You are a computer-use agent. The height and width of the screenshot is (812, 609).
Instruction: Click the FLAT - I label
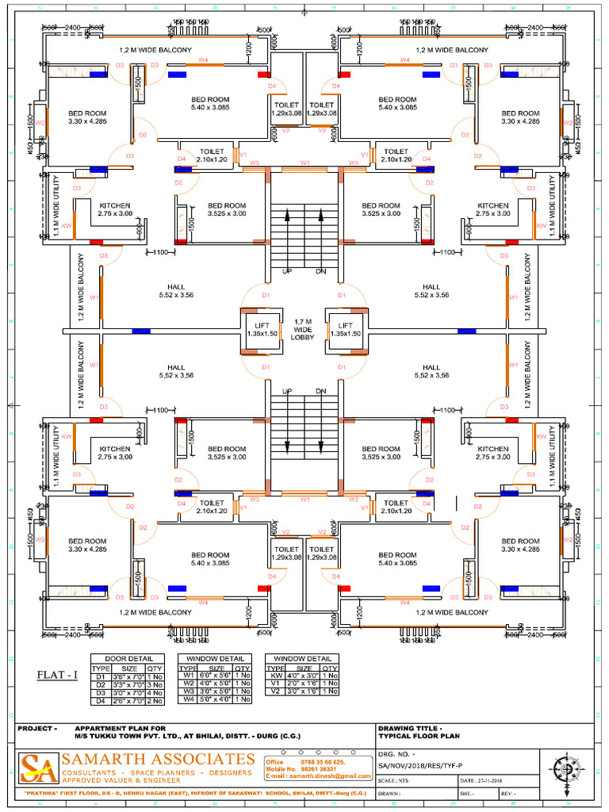[x=58, y=675]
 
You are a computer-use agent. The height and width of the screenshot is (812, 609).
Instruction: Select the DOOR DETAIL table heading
[x=130, y=659]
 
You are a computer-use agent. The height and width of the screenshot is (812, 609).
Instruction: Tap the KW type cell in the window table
[x=276, y=676]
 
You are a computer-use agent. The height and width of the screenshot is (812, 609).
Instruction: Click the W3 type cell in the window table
[x=189, y=691]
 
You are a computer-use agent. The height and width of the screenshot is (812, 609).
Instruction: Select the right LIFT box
[x=346, y=329]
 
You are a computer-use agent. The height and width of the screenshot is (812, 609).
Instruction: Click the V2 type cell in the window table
[x=276, y=691]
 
